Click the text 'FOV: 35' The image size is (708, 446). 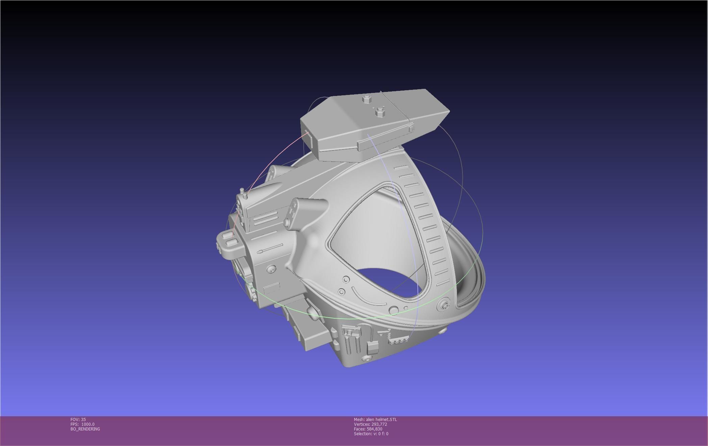pyautogui.click(x=78, y=419)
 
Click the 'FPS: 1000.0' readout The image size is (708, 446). pyautogui.click(x=82, y=424)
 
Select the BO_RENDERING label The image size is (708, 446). pyautogui.click(x=85, y=429)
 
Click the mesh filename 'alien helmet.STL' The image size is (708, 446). pyautogui.click(x=381, y=419)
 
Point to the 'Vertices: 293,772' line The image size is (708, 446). pyautogui.click(x=370, y=424)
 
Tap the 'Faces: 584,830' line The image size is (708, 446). pyautogui.click(x=368, y=429)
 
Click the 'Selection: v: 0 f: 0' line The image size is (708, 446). pyautogui.click(x=371, y=433)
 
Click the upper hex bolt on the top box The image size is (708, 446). pyautogui.click(x=366, y=99)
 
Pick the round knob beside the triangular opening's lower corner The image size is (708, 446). pyautogui.click(x=393, y=309)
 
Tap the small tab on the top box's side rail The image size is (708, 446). pyautogui.click(x=411, y=128)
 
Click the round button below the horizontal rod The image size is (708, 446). pyautogui.click(x=271, y=269)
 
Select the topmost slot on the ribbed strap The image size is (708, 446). pyautogui.click(x=401, y=168)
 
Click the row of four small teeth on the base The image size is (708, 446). pyautogui.click(x=397, y=342)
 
